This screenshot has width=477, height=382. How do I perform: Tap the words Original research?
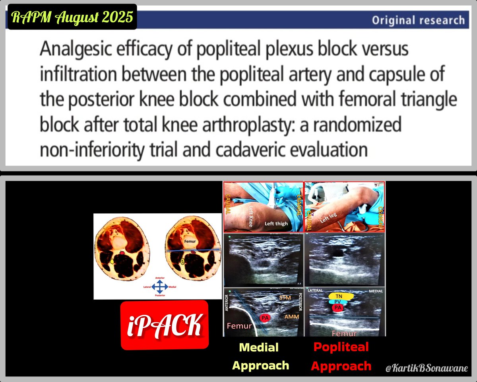pyautogui.click(x=418, y=20)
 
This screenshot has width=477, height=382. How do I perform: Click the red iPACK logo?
pyautogui.click(x=165, y=325)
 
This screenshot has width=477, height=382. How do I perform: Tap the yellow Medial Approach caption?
pyautogui.click(x=260, y=356)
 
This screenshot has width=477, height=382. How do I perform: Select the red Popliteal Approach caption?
pyautogui.click(x=341, y=356)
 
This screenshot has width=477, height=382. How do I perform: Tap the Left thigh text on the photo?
pyautogui.click(x=276, y=223)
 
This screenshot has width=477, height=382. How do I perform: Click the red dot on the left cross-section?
pyautogui.click(x=122, y=253)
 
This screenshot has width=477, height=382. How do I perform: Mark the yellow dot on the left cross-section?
pyautogui.click(x=112, y=261)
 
